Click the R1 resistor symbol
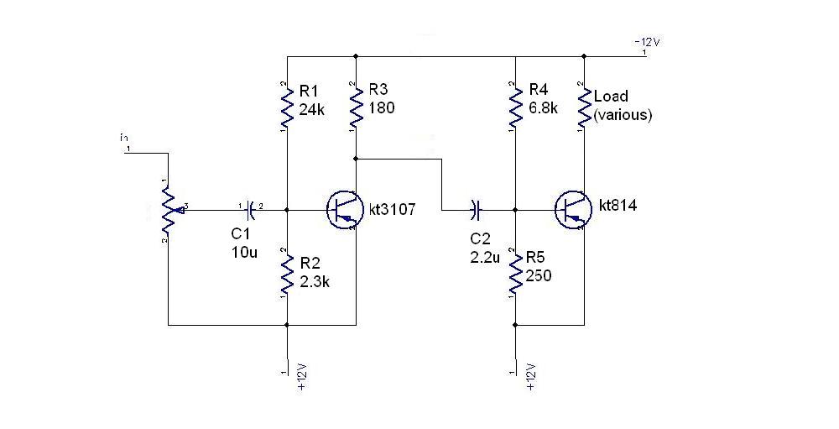(287, 105)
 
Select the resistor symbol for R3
(357, 105)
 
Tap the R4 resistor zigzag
(514, 105)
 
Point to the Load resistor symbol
(583, 105)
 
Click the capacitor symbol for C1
(251, 207)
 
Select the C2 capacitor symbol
(476, 207)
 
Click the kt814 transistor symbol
(572, 208)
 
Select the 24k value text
(311, 109)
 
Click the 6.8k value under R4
(544, 109)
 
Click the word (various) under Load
(623, 116)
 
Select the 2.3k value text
(315, 281)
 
